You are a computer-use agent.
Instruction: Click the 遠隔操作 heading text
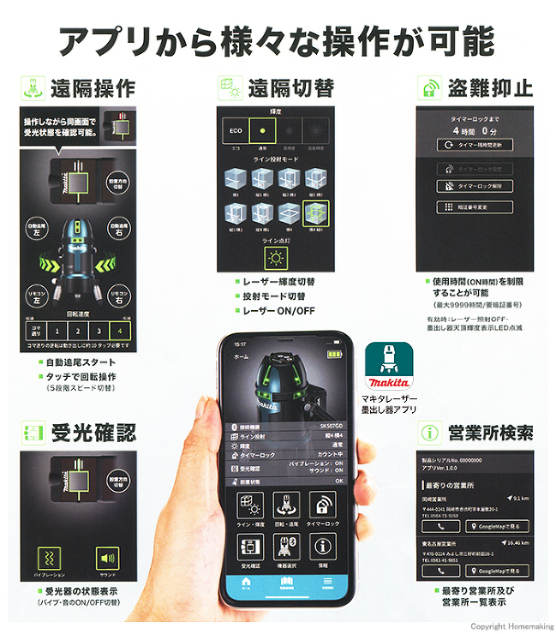(x=93, y=88)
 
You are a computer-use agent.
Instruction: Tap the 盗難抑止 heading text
(x=489, y=88)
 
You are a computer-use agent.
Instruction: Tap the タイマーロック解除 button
(x=475, y=185)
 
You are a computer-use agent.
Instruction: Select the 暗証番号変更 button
(x=475, y=206)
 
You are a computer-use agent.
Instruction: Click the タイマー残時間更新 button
(x=475, y=146)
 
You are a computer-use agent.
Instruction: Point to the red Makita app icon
(x=385, y=367)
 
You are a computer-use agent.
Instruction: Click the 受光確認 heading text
(x=93, y=432)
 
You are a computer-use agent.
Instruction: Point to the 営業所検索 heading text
(x=489, y=432)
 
